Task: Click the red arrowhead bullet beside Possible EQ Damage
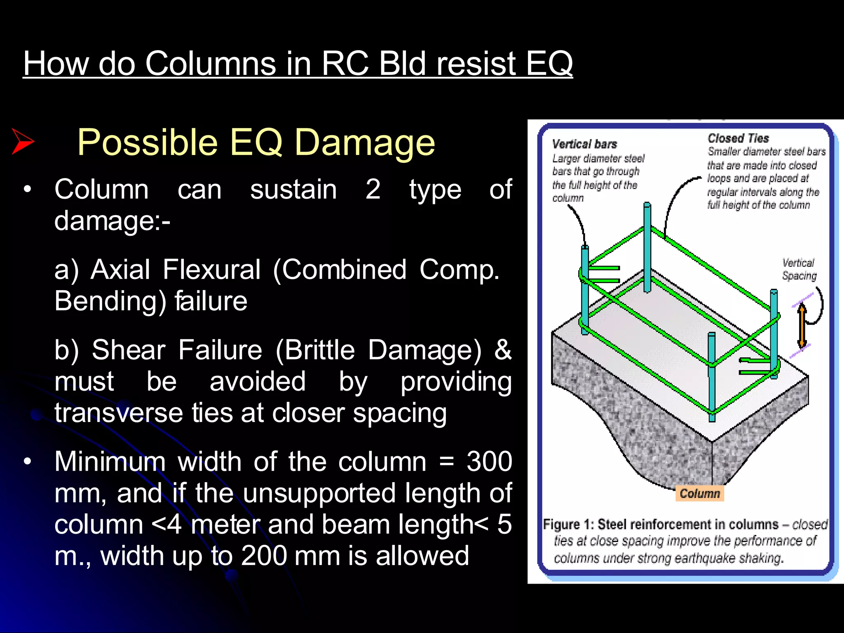click(23, 141)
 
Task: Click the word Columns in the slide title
click(210, 63)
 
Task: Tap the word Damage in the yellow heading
click(365, 142)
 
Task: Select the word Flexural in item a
click(211, 270)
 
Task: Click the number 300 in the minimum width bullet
click(489, 461)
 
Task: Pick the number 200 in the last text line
click(264, 556)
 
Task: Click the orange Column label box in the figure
click(699, 493)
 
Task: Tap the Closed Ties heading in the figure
click(738, 138)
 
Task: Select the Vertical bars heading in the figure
click(584, 144)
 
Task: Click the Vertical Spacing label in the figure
click(799, 269)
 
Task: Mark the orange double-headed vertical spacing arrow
click(802, 325)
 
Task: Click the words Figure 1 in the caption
click(567, 524)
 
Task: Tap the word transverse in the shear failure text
click(119, 413)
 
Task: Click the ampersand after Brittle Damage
click(503, 350)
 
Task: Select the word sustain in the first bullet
click(293, 190)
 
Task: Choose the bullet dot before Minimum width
click(28, 462)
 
